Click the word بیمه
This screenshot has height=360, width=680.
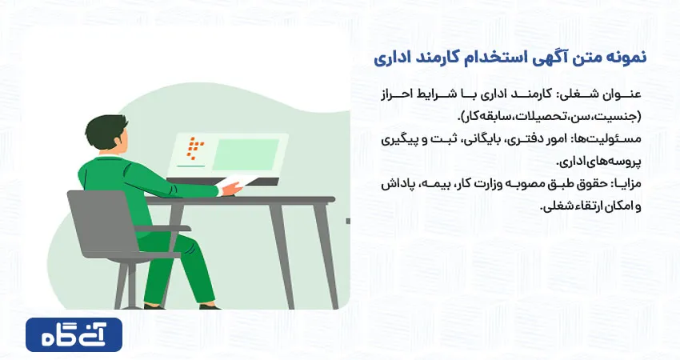[435, 184]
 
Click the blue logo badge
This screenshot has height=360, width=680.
[74, 334]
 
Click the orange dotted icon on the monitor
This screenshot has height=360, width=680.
[195, 147]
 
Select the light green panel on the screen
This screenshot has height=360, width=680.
[245, 154]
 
